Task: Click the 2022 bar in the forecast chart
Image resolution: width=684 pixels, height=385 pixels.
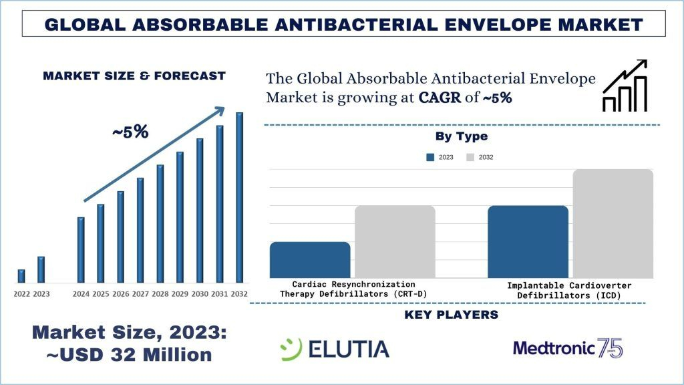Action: tap(21, 276)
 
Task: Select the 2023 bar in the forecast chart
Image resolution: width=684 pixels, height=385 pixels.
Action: tap(41, 269)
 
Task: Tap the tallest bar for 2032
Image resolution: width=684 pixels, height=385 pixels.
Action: tap(239, 197)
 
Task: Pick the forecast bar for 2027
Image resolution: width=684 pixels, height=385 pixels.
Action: tap(140, 230)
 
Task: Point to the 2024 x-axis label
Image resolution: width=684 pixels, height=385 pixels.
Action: tap(81, 294)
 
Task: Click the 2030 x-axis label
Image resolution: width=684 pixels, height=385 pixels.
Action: tap(200, 294)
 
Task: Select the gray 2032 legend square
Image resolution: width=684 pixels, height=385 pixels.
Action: tap(470, 157)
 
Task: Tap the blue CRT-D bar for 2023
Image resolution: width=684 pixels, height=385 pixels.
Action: tap(310, 259)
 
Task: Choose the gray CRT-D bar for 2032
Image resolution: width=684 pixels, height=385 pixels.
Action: tap(395, 241)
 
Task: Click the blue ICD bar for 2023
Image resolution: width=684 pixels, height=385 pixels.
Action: tap(528, 241)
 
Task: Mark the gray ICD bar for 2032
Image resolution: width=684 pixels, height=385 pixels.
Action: tap(613, 223)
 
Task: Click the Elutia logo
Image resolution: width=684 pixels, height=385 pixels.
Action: tap(334, 348)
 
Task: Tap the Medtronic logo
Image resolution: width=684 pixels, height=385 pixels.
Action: tap(568, 348)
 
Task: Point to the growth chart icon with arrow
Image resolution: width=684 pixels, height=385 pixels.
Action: tap(625, 85)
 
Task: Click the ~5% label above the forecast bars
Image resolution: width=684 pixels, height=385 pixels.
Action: tap(130, 132)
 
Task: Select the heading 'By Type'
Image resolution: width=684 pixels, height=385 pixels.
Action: tap(461, 136)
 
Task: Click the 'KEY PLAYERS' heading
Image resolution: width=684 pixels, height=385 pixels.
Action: tap(452, 315)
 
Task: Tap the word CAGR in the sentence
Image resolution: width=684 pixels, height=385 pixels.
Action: tap(440, 98)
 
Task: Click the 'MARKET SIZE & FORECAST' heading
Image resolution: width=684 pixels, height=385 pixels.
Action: tap(134, 76)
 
